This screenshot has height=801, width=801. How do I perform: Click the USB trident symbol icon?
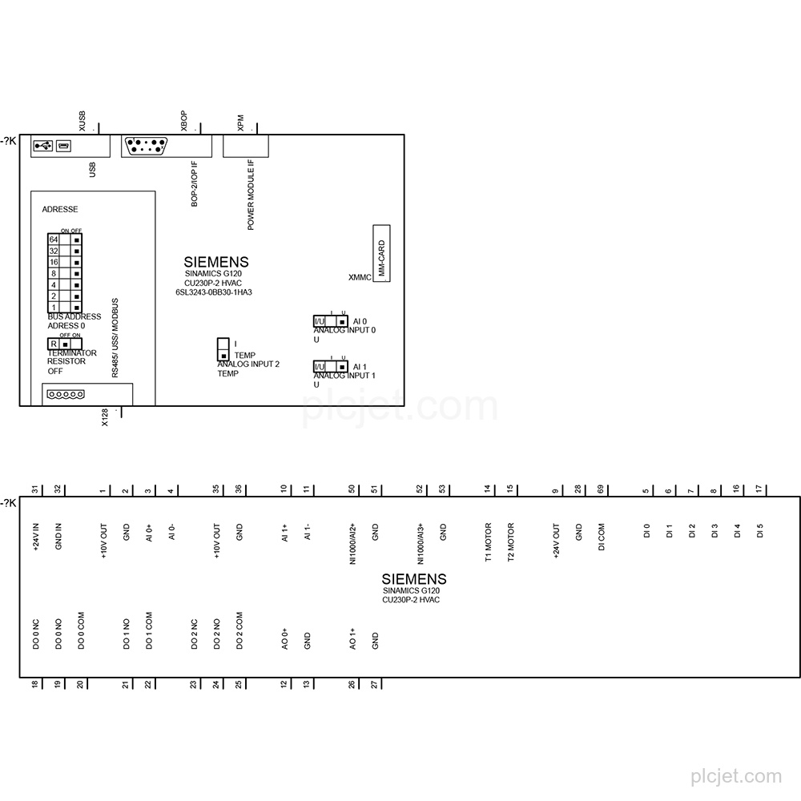(x=43, y=146)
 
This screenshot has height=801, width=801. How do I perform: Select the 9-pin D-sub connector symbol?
(x=146, y=146)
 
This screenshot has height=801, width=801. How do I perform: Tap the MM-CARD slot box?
(x=381, y=253)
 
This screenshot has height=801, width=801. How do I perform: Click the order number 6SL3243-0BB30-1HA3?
(x=214, y=292)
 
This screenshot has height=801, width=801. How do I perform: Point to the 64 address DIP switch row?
(x=65, y=239)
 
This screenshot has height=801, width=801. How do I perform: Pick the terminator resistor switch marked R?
(x=65, y=344)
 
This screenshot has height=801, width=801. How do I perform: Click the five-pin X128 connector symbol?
(x=66, y=394)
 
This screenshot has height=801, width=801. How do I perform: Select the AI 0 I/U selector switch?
(x=331, y=321)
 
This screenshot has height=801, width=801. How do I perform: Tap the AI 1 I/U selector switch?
(x=331, y=367)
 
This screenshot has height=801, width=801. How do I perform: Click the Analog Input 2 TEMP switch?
(x=223, y=349)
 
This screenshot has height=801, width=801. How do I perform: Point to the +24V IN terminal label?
(x=36, y=537)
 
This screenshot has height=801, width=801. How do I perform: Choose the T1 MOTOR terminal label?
(x=488, y=542)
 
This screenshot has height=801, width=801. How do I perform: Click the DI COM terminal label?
(x=601, y=537)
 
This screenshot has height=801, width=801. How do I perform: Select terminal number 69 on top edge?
(x=601, y=489)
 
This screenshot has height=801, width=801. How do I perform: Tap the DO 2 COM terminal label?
(x=239, y=630)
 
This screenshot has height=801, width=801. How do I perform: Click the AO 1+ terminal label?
(x=352, y=639)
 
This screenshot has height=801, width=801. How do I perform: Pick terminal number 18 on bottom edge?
(x=34, y=685)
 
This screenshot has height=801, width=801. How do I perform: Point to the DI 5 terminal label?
(x=759, y=530)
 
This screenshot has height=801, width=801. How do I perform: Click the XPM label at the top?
(x=240, y=123)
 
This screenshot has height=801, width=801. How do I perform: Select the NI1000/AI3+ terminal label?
(x=421, y=544)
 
